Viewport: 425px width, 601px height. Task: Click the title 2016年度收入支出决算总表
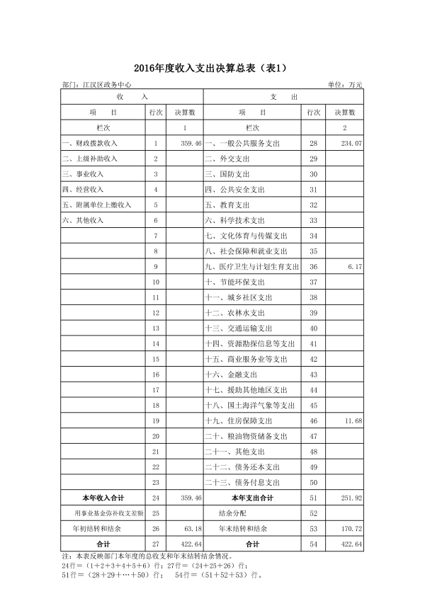212,68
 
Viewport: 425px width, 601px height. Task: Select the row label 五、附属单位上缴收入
97,205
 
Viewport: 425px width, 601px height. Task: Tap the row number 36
313,266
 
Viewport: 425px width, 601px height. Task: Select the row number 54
313,544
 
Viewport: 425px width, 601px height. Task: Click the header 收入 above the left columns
132,96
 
